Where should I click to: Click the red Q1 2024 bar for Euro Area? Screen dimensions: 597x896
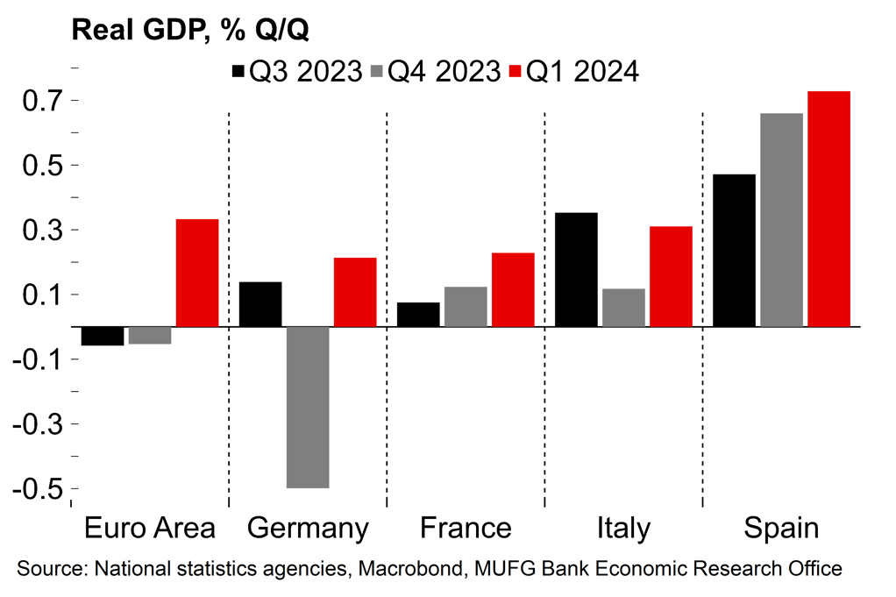(197, 273)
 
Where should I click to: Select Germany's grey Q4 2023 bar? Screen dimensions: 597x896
(308, 407)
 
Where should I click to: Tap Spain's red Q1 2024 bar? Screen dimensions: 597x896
(828, 209)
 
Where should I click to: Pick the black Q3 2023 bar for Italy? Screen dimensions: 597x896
(576, 269)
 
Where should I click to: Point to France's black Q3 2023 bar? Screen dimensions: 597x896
(418, 315)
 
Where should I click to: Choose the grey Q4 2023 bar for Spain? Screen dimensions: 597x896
(781, 220)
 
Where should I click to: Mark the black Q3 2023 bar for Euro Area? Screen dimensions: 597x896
(103, 336)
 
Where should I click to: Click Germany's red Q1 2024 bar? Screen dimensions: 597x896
(355, 292)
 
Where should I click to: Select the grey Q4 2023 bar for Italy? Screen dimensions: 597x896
(623, 308)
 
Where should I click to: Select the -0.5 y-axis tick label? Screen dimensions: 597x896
(35, 488)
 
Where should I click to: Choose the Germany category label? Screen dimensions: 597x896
(308, 529)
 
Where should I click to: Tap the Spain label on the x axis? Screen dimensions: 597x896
(781, 529)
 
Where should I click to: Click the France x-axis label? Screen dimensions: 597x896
(466, 529)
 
